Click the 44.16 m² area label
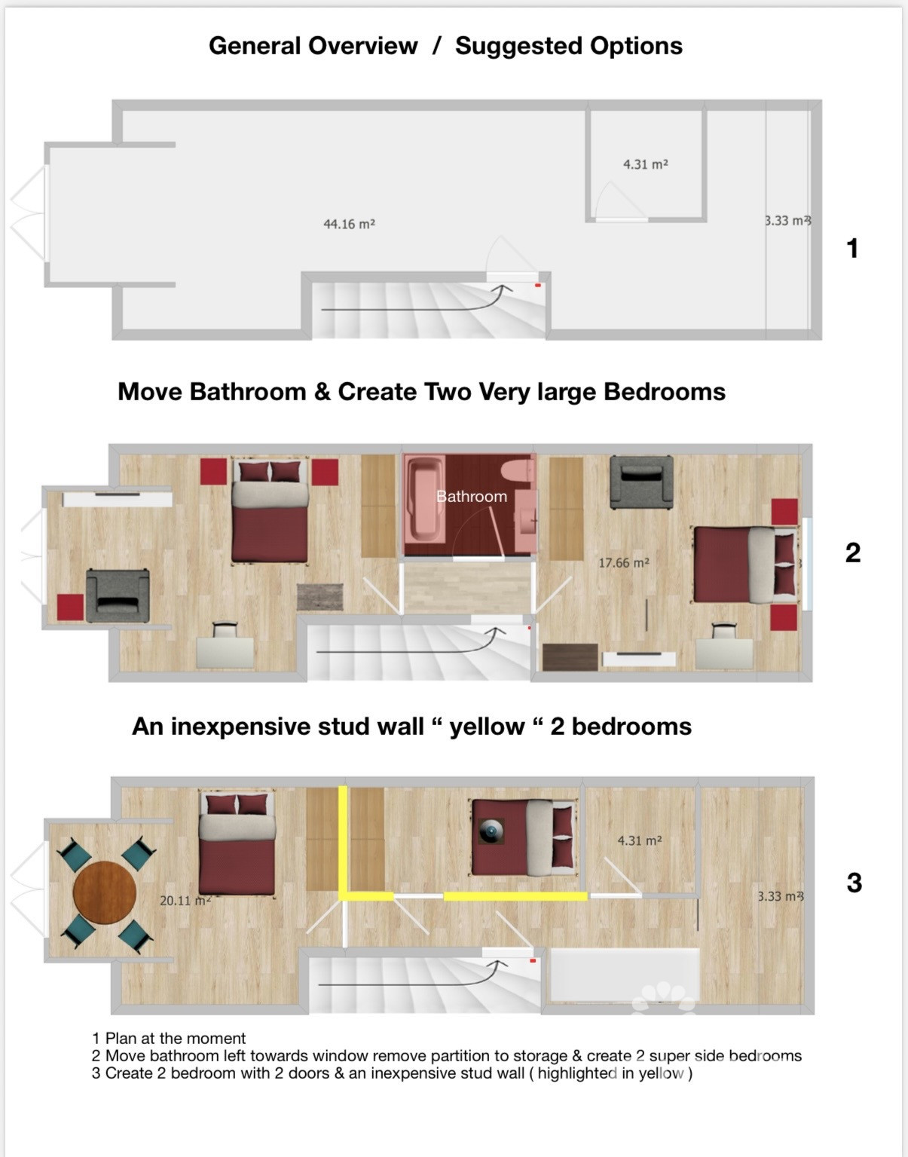pos(349,224)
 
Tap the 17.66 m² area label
pos(623,562)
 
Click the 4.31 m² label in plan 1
pos(645,164)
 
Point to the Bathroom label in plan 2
pos(472,496)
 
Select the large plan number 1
pos(852,248)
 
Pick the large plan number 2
pos(852,552)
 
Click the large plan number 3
pos(854,883)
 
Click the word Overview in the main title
pos(365,46)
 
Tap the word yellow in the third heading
pos(487,727)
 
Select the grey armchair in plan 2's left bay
pos(118,595)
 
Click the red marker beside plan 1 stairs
pos(537,286)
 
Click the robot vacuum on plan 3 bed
pos(492,831)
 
